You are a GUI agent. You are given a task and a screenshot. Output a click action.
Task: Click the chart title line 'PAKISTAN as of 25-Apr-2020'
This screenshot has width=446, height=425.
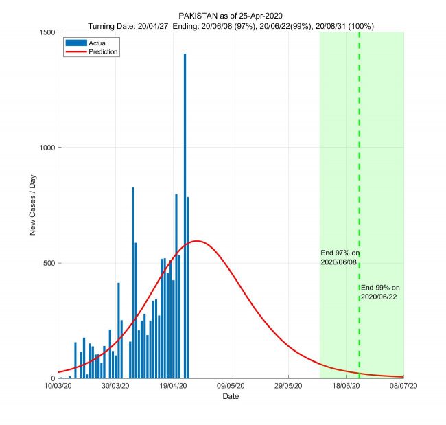[231, 15]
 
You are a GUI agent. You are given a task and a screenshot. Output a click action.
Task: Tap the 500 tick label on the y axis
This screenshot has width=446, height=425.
[49, 263]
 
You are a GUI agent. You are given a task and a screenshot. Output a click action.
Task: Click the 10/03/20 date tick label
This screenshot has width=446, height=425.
[58, 387]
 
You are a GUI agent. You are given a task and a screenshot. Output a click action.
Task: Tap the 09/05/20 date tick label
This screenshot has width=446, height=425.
[231, 387]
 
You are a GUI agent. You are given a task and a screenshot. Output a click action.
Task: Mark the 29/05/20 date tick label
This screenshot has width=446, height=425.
[288, 387]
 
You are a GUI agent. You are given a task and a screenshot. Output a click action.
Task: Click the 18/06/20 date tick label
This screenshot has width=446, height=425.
[346, 387]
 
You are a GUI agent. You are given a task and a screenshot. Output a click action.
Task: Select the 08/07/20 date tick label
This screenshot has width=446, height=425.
[403, 387]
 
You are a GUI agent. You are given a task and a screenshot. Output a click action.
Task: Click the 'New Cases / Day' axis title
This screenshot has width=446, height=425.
[32, 205]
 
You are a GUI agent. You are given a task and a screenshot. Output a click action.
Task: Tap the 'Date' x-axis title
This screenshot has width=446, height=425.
[231, 397]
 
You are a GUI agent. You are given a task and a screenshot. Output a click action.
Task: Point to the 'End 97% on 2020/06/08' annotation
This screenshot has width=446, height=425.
[339, 257]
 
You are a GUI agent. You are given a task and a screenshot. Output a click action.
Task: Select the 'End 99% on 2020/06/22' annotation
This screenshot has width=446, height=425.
[380, 292]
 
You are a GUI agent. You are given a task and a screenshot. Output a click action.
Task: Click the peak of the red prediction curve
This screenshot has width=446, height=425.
[197, 241]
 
